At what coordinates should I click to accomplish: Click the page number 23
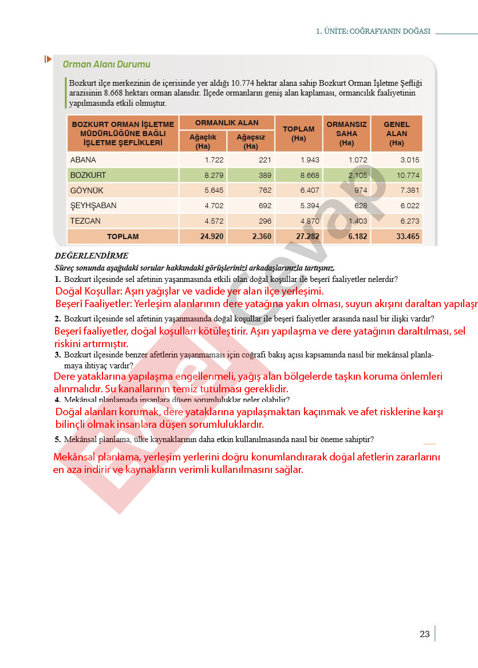(x=424, y=634)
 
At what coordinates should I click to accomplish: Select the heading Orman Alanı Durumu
(x=106, y=65)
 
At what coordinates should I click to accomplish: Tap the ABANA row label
(x=83, y=160)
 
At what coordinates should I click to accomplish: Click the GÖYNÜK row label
(x=86, y=190)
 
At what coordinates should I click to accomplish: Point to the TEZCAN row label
(x=85, y=221)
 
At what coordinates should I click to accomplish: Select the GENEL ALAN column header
(x=397, y=133)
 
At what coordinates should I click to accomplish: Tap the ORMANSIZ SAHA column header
(x=346, y=133)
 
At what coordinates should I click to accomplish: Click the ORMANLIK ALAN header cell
(x=227, y=122)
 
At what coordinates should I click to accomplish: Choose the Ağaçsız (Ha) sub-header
(x=251, y=141)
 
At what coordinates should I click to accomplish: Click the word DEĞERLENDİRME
(x=92, y=256)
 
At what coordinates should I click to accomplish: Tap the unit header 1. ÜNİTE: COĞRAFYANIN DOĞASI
(x=373, y=31)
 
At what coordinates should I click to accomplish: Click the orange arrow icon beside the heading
(x=48, y=59)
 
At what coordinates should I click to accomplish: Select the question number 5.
(x=57, y=439)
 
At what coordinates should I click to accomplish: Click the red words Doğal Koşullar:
(x=89, y=291)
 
